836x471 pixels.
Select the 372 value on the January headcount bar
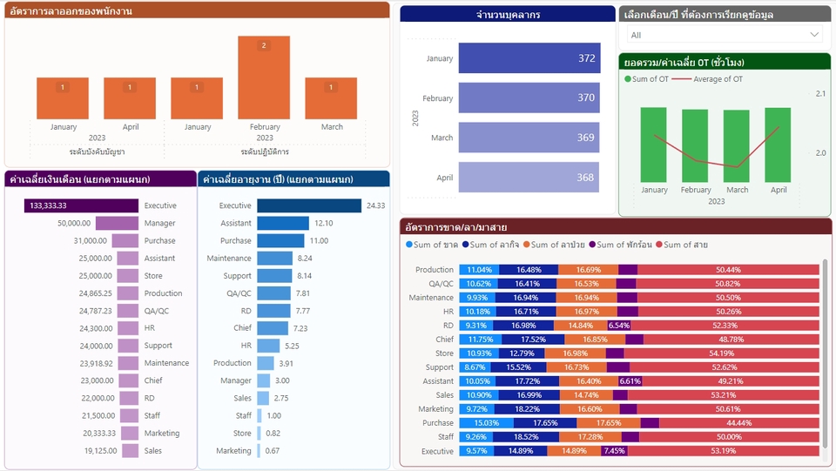click(586, 58)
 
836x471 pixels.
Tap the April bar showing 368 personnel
click(528, 177)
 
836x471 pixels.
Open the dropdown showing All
click(724, 35)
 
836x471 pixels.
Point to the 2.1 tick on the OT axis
click(820, 93)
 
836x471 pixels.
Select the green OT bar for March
click(737, 145)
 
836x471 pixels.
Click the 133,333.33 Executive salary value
click(49, 206)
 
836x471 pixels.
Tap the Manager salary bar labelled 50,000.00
click(117, 224)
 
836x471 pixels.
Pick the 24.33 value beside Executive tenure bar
click(375, 206)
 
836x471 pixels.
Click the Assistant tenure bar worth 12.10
click(283, 224)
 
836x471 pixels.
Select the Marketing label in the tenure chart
click(233, 451)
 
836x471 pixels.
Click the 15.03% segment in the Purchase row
click(486, 423)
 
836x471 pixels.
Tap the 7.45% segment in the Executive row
click(614, 451)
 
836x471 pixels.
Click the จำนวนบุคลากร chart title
click(508, 15)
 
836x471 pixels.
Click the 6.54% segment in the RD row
click(618, 326)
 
